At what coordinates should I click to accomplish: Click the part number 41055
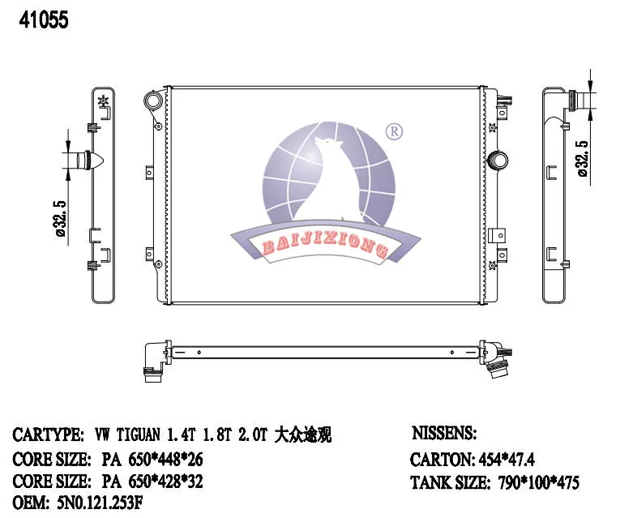tap(38, 20)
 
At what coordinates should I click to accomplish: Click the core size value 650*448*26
tap(152, 459)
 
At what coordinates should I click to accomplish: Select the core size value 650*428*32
tap(152, 482)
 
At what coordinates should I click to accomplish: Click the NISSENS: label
tap(445, 435)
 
